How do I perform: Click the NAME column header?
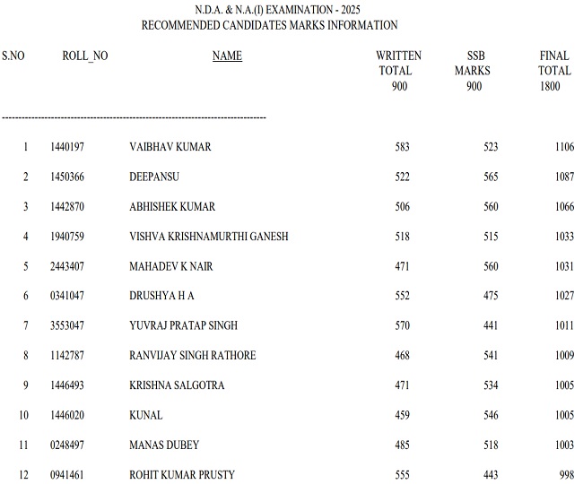(x=227, y=56)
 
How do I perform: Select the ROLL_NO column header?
(x=85, y=56)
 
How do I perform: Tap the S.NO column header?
(x=13, y=56)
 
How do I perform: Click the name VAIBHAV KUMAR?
(x=170, y=147)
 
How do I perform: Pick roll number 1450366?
(x=67, y=177)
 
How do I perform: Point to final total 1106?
(x=563, y=147)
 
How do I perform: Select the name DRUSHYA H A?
(x=161, y=296)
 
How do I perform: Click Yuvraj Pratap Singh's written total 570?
(x=402, y=325)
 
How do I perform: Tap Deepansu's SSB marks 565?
(x=490, y=177)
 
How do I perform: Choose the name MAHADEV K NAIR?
(x=171, y=266)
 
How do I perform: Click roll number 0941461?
(x=67, y=474)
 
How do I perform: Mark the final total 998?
(x=566, y=474)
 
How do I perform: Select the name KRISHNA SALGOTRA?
(x=177, y=385)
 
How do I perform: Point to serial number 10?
(x=25, y=415)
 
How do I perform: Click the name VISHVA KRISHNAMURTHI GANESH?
(x=209, y=237)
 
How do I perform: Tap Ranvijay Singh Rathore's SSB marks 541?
(x=490, y=356)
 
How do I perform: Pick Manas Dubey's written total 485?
(x=402, y=445)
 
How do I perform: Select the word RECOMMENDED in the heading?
(x=181, y=25)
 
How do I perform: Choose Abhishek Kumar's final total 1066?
(x=563, y=207)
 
